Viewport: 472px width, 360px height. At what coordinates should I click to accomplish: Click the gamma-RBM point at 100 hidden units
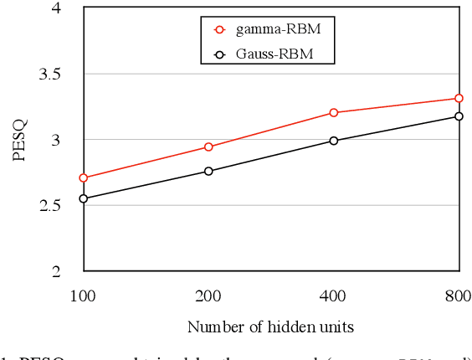point(83,177)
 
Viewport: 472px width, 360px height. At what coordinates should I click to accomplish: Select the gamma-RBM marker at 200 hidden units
point(208,147)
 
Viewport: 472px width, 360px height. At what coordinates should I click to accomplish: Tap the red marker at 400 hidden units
point(334,112)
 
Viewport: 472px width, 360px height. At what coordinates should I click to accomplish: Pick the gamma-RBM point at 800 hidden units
point(459,98)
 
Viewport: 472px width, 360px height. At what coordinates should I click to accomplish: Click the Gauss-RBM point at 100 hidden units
point(83,198)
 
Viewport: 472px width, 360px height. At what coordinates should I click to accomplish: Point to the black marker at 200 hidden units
point(208,171)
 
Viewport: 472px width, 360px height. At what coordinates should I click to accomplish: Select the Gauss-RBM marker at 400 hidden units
point(334,141)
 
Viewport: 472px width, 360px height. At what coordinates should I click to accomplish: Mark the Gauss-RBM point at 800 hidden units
point(459,116)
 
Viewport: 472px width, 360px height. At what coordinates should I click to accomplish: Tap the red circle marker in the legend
point(220,29)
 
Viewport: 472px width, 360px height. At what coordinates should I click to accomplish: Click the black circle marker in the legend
point(220,54)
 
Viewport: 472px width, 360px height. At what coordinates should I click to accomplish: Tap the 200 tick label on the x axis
point(208,295)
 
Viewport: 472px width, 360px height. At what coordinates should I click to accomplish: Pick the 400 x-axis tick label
point(334,295)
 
